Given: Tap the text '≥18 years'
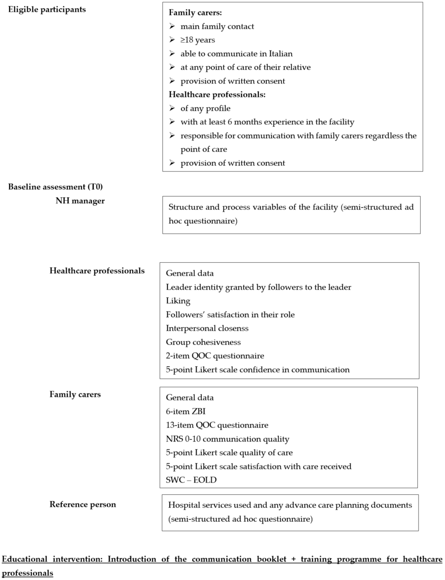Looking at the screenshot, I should (x=198, y=40).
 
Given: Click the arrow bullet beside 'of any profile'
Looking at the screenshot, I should (x=172, y=108).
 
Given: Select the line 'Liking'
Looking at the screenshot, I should (x=178, y=301).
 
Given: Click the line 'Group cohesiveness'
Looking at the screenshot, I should (x=203, y=342).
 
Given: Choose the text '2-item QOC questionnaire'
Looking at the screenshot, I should (x=215, y=356).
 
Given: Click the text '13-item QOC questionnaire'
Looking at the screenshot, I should (x=217, y=425).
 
